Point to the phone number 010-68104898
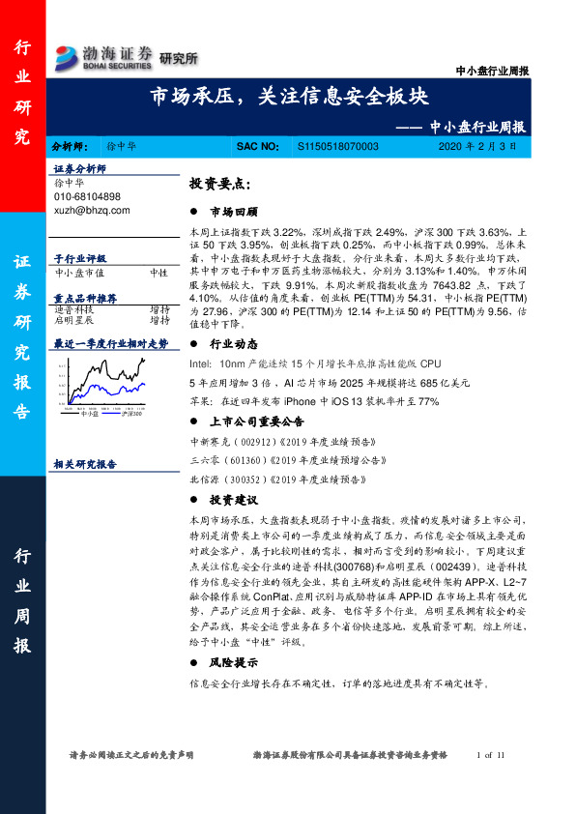pyautogui.click(x=88, y=196)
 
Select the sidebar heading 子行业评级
pyautogui.click(x=79, y=259)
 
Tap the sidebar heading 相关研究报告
pyautogui.click(x=86, y=464)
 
